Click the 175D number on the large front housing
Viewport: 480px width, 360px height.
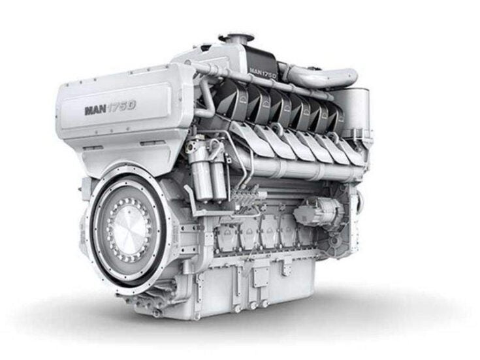[x=123, y=106]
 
